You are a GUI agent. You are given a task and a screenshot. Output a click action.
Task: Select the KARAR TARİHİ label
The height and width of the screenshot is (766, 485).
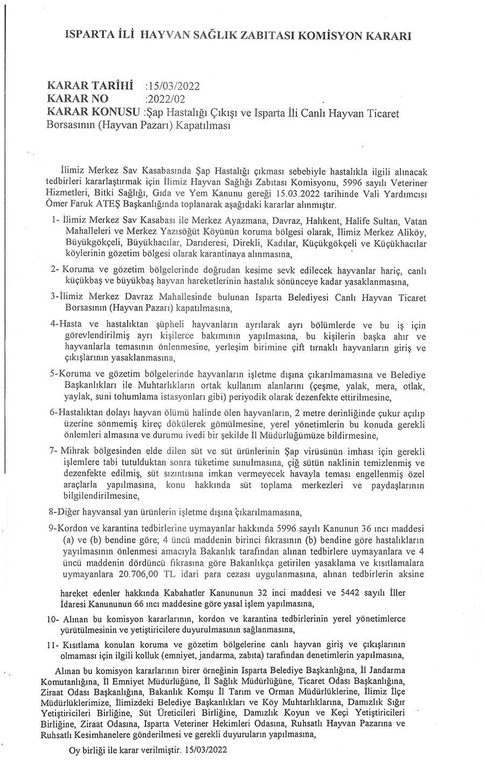pos(90,85)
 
